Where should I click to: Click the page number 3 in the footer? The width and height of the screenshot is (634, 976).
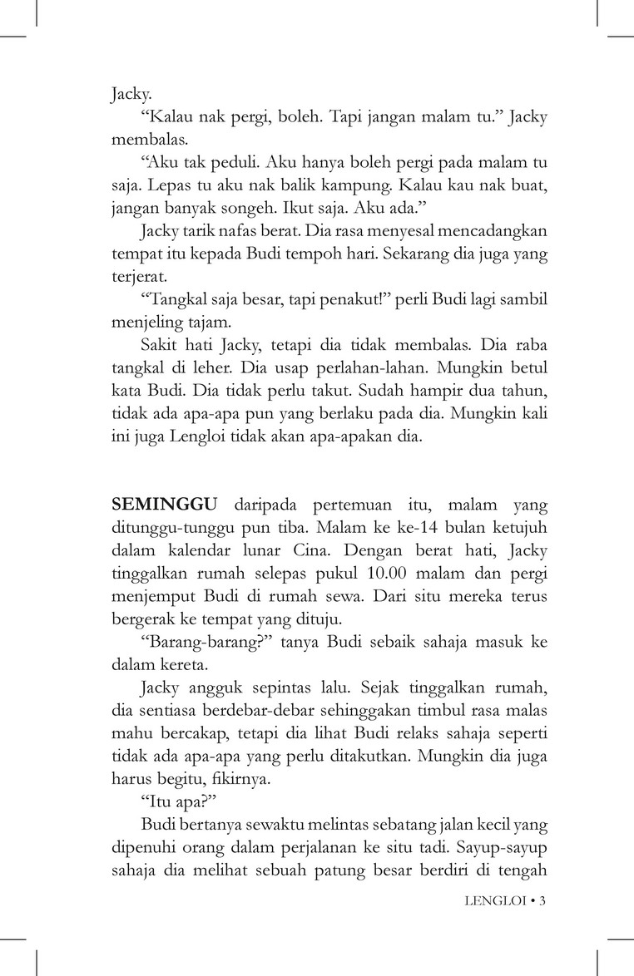[x=542, y=900]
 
